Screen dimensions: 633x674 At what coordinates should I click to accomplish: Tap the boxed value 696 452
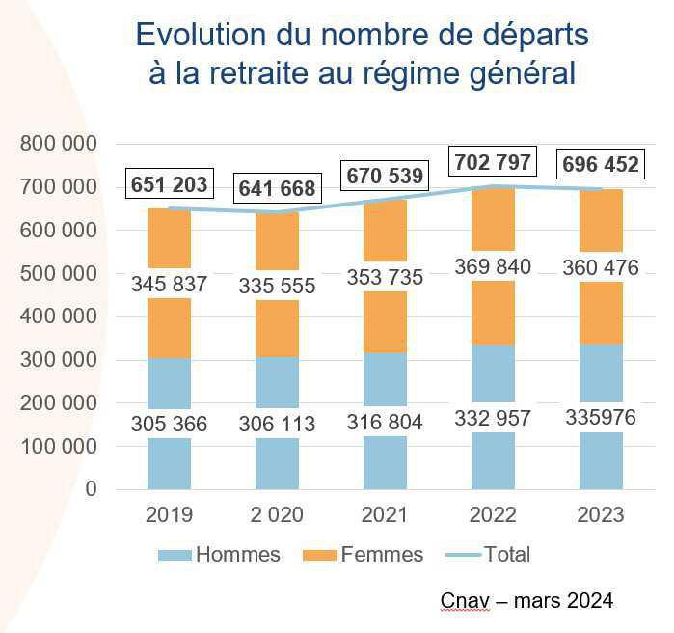pos(600,165)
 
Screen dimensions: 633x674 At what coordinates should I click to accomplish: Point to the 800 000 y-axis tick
pos(59,144)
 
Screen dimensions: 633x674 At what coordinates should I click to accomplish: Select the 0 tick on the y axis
pos(91,489)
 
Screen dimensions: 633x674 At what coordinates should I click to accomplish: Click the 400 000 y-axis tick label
pos(59,316)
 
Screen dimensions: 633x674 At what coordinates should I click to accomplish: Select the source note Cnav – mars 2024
pos(526,601)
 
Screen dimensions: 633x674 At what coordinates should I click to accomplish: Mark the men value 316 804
pos(386,422)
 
